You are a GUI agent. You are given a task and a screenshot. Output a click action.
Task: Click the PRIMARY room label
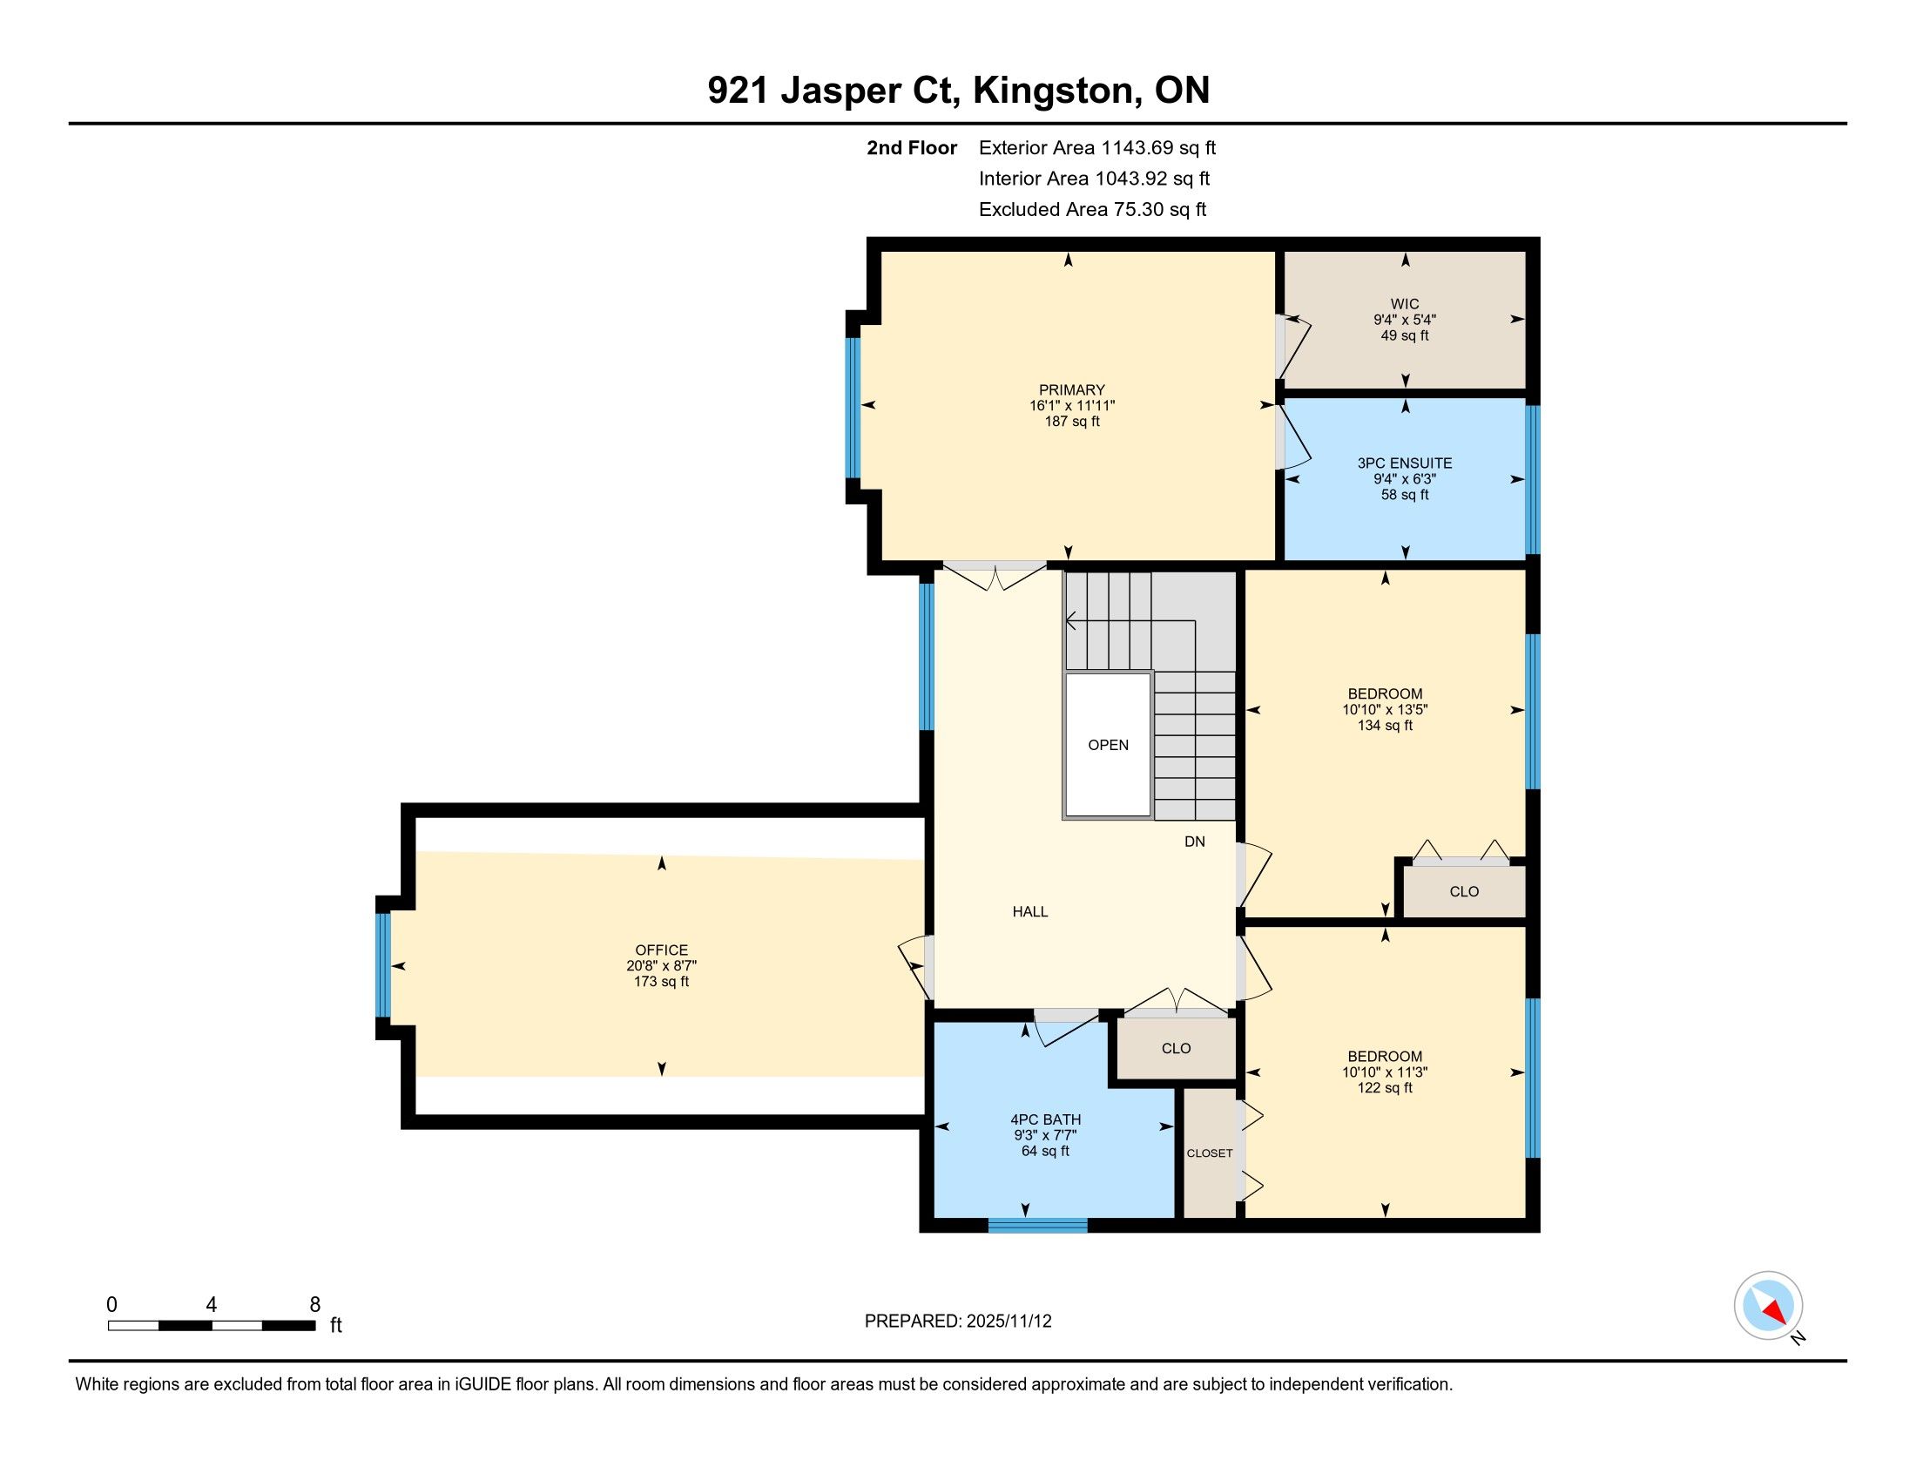1072,389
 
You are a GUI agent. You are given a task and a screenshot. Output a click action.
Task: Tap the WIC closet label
1405,303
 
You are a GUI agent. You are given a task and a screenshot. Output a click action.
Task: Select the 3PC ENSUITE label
1405,463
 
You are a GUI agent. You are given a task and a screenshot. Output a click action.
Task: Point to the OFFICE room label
662,950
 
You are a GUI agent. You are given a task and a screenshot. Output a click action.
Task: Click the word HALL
1030,911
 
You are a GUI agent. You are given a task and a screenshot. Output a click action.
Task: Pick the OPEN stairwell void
1108,745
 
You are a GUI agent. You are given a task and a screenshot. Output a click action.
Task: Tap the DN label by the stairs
1195,842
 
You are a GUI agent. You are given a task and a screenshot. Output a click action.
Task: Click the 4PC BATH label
1046,1119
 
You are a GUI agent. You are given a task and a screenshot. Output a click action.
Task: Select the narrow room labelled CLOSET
1210,1153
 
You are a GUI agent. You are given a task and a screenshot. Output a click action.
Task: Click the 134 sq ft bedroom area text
1386,726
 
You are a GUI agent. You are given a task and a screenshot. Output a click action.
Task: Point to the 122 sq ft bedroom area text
1386,1088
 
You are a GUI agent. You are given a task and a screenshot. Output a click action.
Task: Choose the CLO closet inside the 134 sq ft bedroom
1464,891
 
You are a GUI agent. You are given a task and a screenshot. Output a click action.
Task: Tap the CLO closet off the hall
1176,1048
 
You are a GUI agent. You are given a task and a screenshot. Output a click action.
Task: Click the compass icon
1768,1305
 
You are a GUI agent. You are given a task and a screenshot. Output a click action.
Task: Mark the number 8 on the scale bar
315,1305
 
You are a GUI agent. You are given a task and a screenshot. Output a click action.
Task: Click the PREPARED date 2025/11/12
1008,1322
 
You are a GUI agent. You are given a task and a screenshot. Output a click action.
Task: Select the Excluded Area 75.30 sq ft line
1092,210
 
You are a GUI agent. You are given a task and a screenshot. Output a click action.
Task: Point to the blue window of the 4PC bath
1038,1226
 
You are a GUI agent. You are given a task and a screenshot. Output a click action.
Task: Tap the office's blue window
382,965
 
